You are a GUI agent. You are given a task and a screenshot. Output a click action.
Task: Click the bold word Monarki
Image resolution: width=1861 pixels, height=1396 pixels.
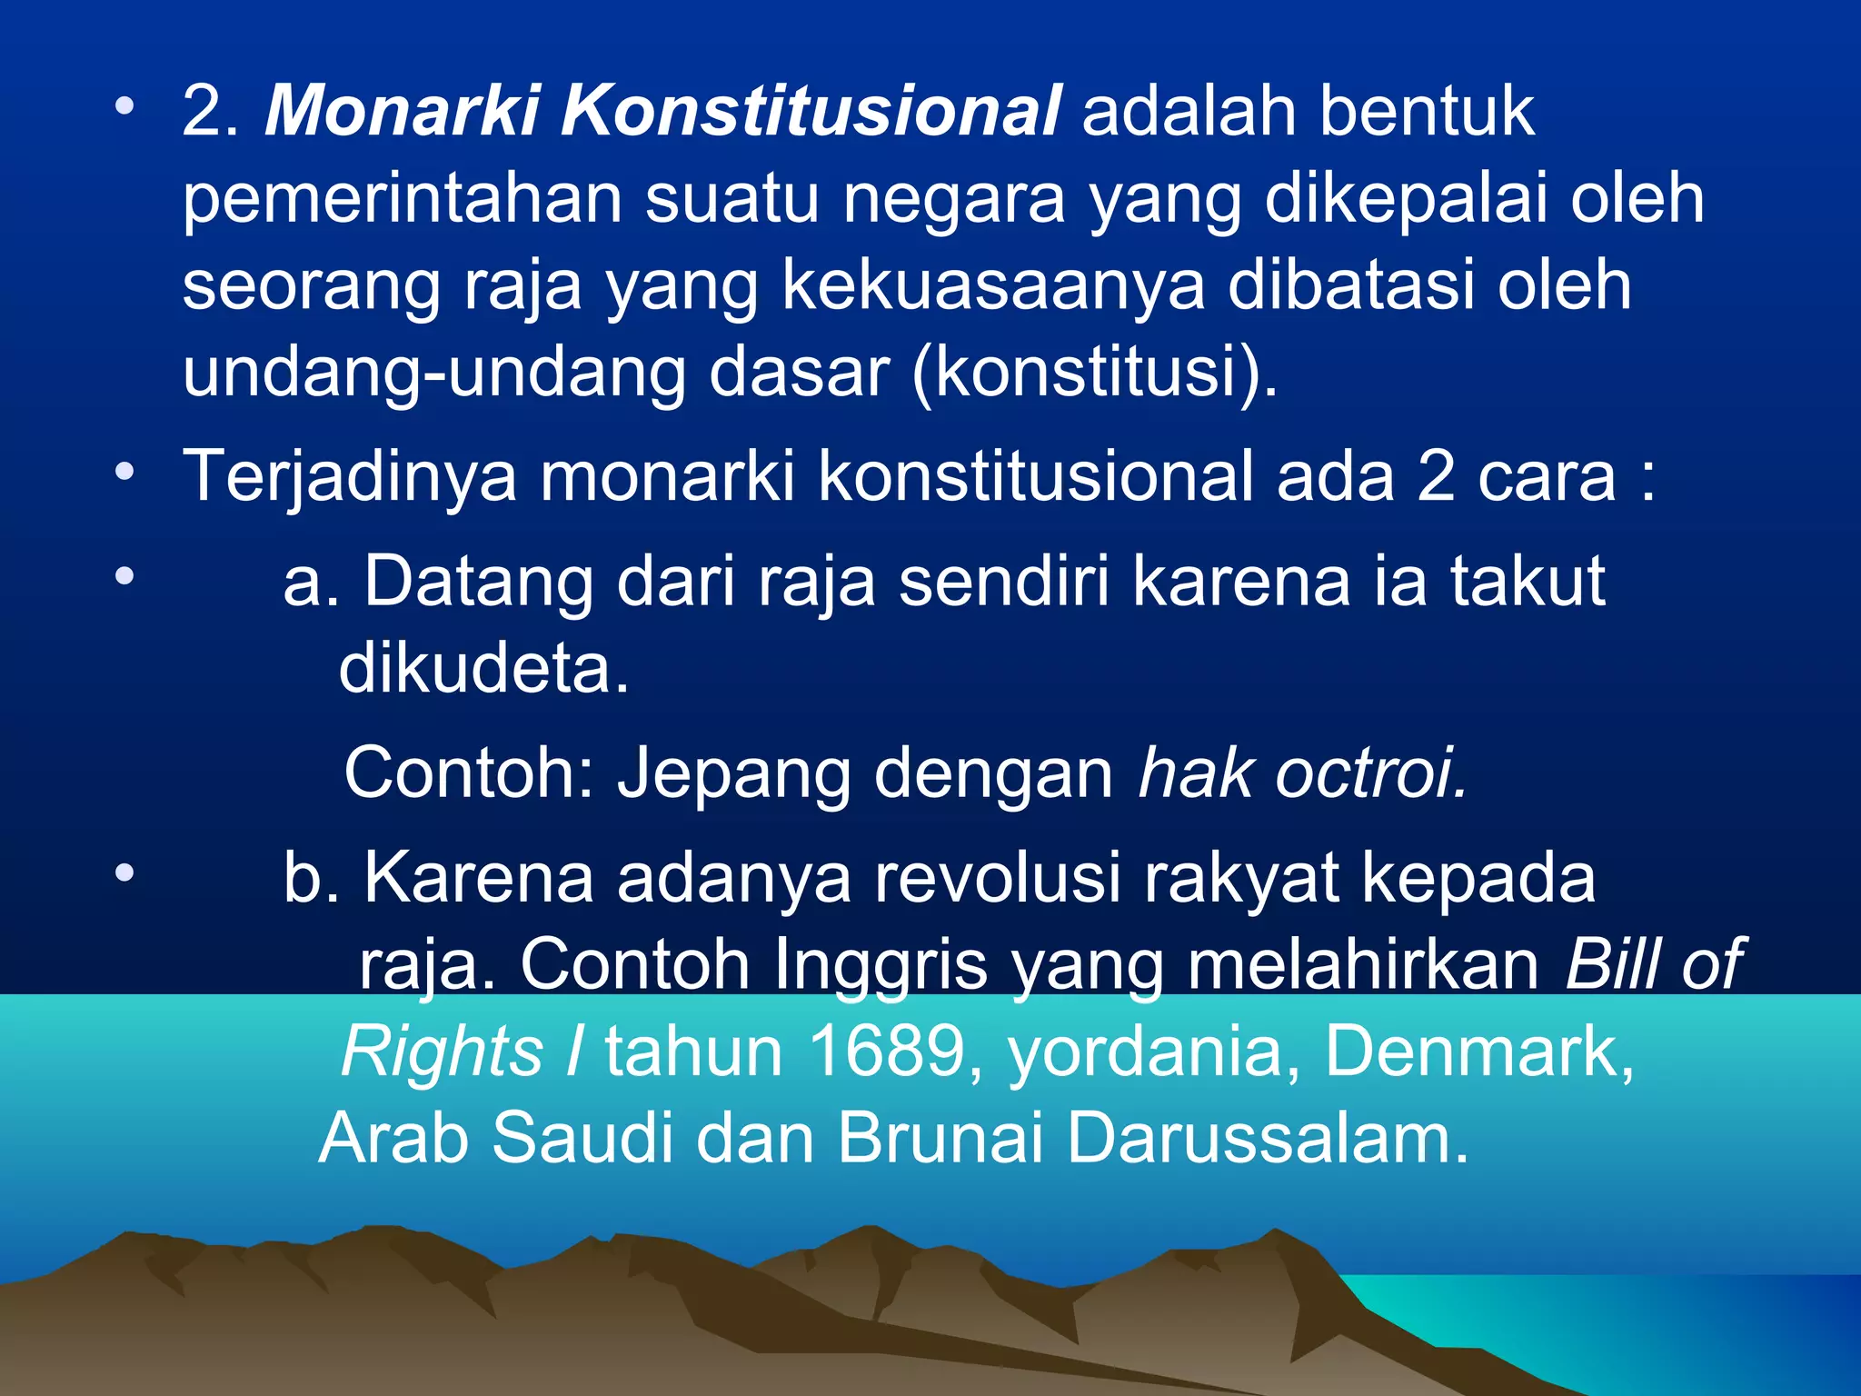click(x=401, y=111)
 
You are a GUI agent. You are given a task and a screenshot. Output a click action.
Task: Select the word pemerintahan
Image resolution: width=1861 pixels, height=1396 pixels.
click(x=402, y=200)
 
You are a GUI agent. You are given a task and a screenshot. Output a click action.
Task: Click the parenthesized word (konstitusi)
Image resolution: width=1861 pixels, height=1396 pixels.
click(x=1095, y=373)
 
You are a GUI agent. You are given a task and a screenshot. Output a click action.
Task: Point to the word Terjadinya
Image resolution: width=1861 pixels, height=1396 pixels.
click(x=350, y=477)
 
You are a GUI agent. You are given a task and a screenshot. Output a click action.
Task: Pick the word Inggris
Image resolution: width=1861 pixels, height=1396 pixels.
click(x=881, y=965)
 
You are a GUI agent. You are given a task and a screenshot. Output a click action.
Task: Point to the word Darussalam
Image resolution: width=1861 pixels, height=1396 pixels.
click(x=1267, y=1139)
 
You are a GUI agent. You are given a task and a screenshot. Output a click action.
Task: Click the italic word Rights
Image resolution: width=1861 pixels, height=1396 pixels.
click(x=442, y=1052)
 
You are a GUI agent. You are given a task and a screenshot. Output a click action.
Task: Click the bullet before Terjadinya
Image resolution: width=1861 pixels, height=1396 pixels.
click(x=124, y=473)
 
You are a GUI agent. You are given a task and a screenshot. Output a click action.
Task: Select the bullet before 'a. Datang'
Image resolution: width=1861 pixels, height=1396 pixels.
click(x=124, y=576)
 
